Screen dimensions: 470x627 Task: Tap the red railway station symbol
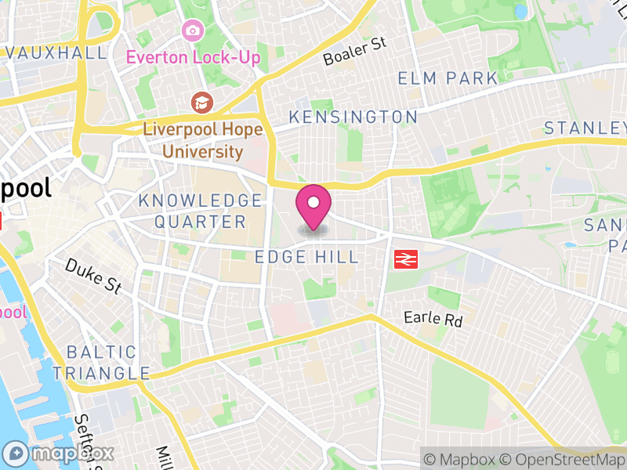point(404,258)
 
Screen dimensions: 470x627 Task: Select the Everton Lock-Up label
point(194,57)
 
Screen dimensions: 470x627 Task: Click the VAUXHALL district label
point(55,53)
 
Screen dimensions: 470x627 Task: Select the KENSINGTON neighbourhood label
point(353,117)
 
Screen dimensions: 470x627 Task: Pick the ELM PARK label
point(448,78)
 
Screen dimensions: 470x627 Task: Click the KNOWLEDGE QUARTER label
point(200,211)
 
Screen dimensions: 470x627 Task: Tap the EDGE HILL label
point(307,257)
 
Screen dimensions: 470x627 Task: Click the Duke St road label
point(93,277)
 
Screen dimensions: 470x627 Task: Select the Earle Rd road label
point(433,320)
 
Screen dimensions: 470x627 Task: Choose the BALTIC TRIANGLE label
point(107,363)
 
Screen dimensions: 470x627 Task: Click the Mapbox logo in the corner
point(60,453)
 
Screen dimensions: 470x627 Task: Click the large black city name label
point(25,188)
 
